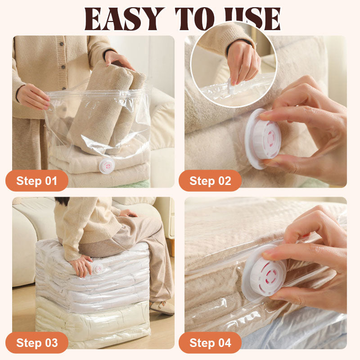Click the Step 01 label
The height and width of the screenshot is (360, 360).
pos(37,181)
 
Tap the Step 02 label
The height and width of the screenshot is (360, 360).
pos(210,181)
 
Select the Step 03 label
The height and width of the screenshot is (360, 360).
pos(37,342)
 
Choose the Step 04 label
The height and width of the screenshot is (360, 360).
pos(210,342)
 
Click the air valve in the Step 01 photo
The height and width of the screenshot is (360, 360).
pos(107,165)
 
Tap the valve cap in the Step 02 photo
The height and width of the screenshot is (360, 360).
pos(263,139)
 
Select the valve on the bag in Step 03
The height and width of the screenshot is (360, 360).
pos(98,269)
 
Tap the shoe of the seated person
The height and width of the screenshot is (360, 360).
pos(162,307)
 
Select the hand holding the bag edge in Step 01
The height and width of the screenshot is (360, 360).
pos(33,96)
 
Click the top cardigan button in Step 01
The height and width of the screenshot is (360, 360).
pos(62,44)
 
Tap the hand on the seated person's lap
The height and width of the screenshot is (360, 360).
pos(129,213)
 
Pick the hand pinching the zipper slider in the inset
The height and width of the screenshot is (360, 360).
pos(243,63)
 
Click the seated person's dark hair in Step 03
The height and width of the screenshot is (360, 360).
pos(62,201)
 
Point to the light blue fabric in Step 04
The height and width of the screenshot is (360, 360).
pos(294,333)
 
